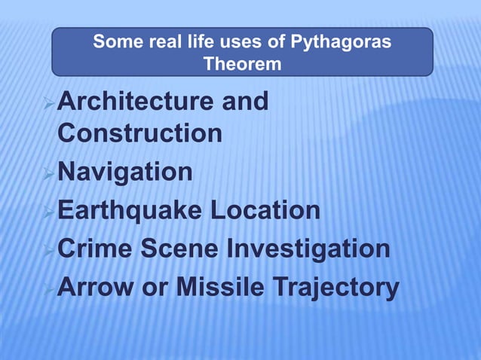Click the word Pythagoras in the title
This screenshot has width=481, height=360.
pos(345,42)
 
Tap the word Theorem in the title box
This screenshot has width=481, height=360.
pos(242,65)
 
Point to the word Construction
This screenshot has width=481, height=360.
pos(139,133)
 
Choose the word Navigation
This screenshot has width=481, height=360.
pos(124,172)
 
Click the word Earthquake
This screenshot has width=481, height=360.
pos(130,210)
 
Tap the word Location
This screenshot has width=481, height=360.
pos(265,210)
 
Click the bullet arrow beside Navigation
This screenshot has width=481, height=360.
pos(51,173)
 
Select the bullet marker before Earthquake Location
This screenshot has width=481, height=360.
pos(51,211)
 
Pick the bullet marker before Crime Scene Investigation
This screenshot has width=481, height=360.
pos(51,249)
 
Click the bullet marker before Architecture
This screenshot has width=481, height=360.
pos(51,102)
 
